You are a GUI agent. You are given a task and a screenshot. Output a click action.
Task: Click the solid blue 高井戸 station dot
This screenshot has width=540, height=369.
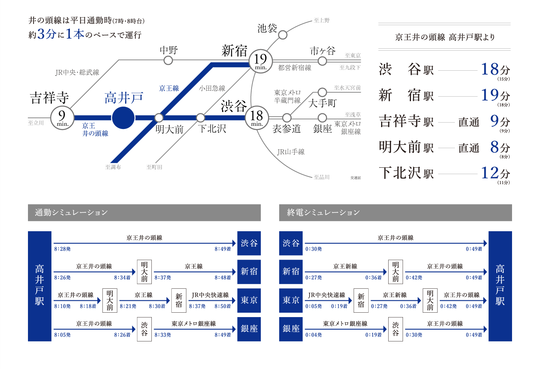[123, 118]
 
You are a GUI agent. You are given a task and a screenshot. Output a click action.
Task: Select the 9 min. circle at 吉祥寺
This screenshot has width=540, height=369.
[62, 118]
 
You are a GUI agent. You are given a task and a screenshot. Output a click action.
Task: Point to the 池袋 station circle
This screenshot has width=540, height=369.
[282, 35]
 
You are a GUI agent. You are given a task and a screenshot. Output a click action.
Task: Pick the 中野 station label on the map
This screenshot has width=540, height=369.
[169, 50]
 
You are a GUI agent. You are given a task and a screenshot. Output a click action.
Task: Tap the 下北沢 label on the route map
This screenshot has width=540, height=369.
[212, 129]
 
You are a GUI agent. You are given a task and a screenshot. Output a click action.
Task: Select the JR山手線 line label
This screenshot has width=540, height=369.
[291, 152]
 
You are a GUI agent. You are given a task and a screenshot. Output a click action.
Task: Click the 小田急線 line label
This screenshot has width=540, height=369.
[212, 88]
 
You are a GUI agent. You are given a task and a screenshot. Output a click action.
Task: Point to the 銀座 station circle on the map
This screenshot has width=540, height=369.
[322, 118]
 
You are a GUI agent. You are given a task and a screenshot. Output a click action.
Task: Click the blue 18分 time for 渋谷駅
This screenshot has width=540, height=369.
[495, 69]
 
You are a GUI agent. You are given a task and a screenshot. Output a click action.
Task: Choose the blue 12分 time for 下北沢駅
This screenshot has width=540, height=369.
[495, 173]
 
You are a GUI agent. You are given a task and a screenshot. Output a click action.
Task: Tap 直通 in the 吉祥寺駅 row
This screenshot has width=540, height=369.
[469, 122]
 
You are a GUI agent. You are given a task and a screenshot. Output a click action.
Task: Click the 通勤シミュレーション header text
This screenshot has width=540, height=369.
[71, 212]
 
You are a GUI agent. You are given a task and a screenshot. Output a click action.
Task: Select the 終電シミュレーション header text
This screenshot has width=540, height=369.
[323, 212]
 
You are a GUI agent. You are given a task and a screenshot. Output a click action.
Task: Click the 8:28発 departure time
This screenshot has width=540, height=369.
[62, 249]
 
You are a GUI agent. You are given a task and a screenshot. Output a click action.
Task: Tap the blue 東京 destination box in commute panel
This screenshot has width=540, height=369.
[249, 300]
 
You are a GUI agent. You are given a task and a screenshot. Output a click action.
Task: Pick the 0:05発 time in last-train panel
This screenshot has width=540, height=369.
[314, 306]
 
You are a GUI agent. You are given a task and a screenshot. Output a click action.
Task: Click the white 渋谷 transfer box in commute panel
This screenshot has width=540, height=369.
[145, 329]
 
